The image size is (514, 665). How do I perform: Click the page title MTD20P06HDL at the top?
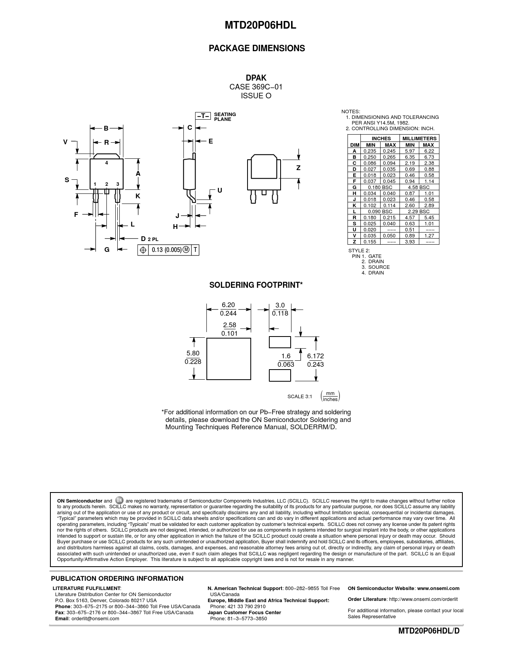click(x=257, y=25)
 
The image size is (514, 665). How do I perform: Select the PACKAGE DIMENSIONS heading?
click(x=257, y=48)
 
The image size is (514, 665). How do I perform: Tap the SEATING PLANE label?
click(x=225, y=117)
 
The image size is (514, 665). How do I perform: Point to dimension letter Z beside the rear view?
click(x=298, y=168)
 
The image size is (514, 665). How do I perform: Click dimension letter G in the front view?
click(x=107, y=250)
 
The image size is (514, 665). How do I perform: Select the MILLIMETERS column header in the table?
click(x=419, y=139)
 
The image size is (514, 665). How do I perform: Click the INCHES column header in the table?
click(x=381, y=139)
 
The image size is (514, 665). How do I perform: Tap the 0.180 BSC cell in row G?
click(x=380, y=187)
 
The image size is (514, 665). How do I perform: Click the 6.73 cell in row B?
click(x=429, y=157)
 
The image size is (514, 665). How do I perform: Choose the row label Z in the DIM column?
click(x=354, y=242)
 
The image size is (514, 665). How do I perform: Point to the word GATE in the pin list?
click(x=375, y=256)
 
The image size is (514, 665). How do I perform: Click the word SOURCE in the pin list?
click(x=379, y=267)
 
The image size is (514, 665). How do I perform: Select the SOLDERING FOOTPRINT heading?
click(x=256, y=285)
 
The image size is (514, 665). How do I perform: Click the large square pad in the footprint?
click(x=229, y=359)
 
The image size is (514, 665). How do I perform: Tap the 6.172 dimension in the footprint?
click(x=315, y=356)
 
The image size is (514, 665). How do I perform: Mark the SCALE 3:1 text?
click(x=300, y=397)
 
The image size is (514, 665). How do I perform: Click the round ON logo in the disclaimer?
click(x=119, y=501)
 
